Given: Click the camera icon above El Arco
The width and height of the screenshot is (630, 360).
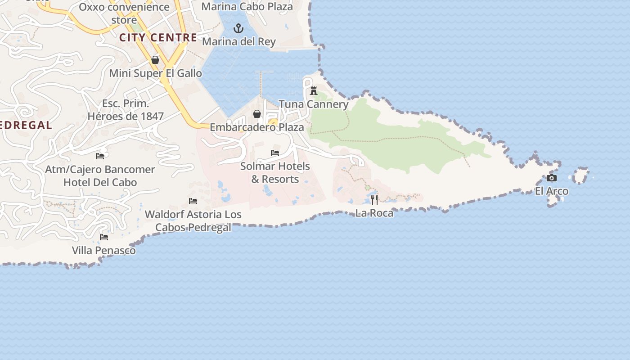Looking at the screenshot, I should (551, 178).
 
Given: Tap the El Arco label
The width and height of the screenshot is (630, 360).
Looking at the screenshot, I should (551, 191).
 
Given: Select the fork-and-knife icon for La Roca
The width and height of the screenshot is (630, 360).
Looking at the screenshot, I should (374, 199).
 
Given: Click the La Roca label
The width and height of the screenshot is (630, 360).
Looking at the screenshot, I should (374, 213).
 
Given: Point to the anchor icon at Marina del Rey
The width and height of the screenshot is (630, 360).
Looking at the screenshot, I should (238, 29).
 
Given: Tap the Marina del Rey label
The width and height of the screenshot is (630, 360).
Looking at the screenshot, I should (238, 42).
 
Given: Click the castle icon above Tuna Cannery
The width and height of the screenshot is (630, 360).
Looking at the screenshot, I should (314, 91).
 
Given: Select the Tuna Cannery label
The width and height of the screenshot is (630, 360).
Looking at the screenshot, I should (314, 104).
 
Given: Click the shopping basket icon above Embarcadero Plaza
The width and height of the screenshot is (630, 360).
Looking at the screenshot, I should (257, 114).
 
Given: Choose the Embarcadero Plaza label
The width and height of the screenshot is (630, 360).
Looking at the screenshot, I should (257, 127).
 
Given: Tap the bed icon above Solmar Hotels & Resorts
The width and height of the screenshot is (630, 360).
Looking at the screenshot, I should (275, 153).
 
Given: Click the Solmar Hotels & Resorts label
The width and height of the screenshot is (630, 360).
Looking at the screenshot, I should (275, 173).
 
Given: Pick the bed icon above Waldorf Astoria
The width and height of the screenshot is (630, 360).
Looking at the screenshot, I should (193, 201).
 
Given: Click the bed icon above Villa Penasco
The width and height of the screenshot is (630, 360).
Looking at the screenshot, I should (104, 237).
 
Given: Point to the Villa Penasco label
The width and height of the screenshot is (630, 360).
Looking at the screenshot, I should (104, 250).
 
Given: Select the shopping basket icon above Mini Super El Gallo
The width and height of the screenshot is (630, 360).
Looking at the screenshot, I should (155, 60).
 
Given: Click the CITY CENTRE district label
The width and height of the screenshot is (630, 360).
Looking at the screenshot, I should (158, 37).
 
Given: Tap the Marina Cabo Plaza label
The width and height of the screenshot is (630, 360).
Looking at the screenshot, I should (247, 7).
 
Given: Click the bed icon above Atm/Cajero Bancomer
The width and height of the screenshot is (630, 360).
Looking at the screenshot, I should (100, 156).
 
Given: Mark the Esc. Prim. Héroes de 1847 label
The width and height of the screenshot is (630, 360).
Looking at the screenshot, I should (126, 110).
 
